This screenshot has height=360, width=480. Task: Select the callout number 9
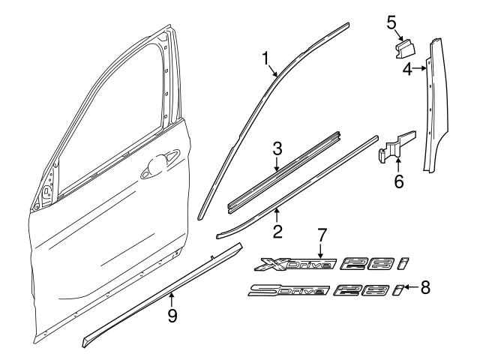pyautogui.click(x=172, y=316)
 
